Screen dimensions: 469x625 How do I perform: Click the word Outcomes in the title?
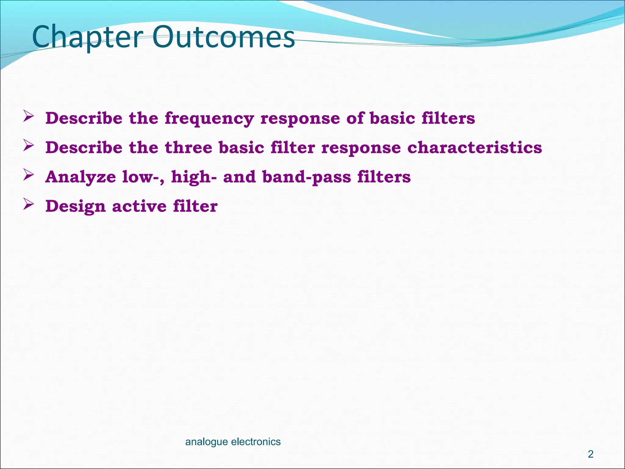[223, 37]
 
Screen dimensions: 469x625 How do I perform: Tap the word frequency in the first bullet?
[209, 118]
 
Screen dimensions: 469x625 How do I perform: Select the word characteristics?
[475, 148]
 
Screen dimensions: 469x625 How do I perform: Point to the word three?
[188, 148]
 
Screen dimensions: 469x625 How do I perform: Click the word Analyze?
[81, 177]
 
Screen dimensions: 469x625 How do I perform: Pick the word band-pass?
[306, 177]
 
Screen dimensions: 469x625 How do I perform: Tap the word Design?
[75, 206]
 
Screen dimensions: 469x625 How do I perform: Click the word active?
[139, 206]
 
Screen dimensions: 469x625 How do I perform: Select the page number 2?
[591, 454]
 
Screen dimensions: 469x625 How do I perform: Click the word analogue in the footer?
[206, 442]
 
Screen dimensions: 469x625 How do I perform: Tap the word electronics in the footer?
[256, 442]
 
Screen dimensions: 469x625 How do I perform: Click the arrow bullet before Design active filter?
[28, 204]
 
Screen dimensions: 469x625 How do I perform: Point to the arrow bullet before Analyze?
[28, 175]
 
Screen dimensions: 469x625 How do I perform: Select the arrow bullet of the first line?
[28, 116]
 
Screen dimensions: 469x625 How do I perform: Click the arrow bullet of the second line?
[28, 145]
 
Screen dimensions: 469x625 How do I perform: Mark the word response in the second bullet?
[361, 148]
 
